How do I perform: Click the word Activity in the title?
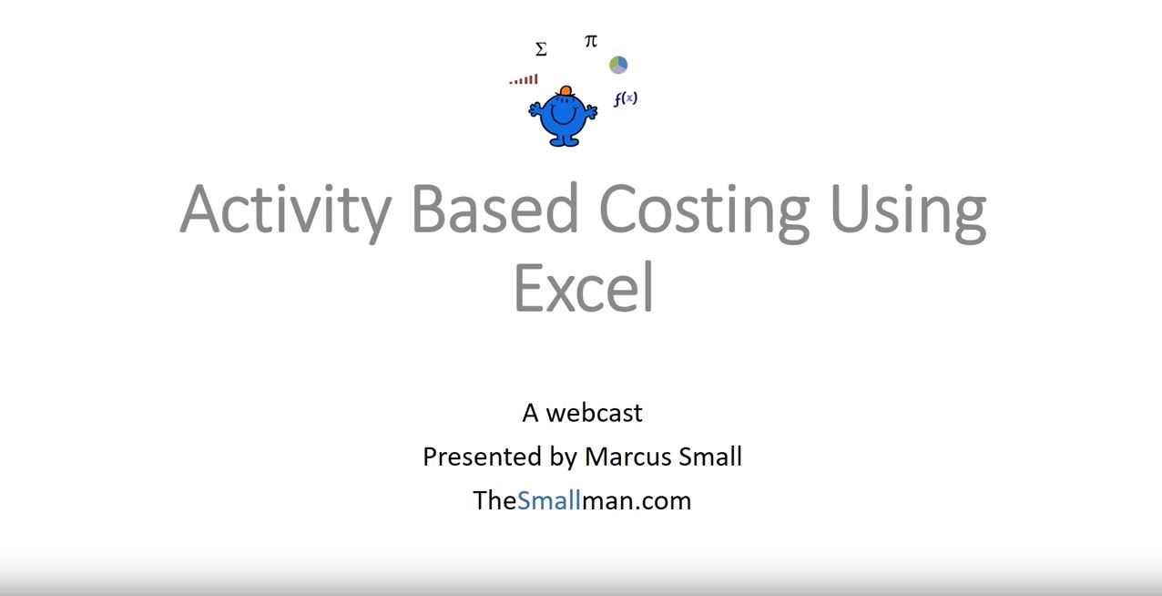[285, 211]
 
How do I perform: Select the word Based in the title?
[494, 208]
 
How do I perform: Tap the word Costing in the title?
[704, 211]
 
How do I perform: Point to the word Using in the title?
[908, 211]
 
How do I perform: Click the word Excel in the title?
[583, 286]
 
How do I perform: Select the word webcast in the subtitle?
[594, 413]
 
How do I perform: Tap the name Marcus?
[627, 457]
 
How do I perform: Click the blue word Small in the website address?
[549, 500]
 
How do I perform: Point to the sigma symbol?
[541, 49]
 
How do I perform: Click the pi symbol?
[591, 40]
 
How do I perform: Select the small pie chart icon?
[618, 65]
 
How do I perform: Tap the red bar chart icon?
[524, 79]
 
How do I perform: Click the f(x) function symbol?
[625, 98]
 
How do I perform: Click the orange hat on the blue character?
[566, 91]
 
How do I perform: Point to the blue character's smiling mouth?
[564, 117]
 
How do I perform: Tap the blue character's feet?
[564, 140]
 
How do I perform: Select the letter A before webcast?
[530, 413]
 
